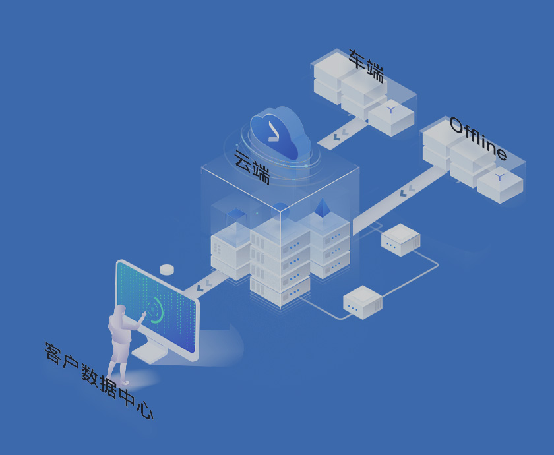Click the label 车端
click(367, 66)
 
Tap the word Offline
click(478, 138)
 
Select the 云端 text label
click(252, 167)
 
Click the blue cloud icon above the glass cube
click(280, 132)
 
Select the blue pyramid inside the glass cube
click(322, 208)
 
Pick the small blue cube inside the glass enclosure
click(236, 216)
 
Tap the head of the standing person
click(120, 311)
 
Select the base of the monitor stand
click(151, 355)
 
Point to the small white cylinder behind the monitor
click(167, 269)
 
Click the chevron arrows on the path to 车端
click(340, 135)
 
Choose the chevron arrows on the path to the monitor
click(204, 286)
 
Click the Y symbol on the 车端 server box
click(391, 109)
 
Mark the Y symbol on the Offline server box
click(500, 177)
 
